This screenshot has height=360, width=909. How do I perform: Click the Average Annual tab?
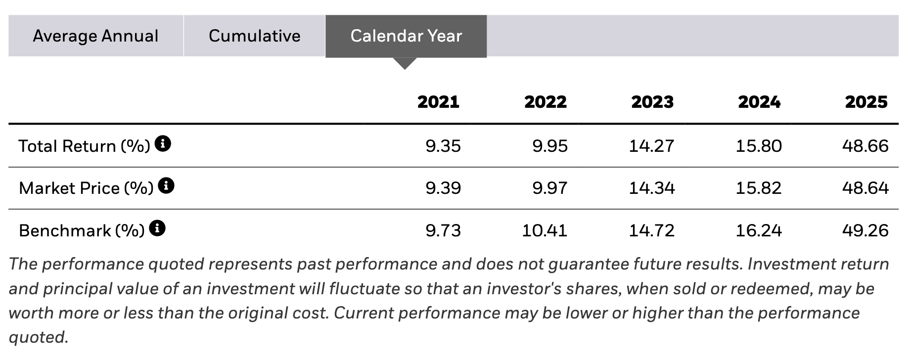click(96, 36)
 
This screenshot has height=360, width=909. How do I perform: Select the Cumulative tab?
click(254, 36)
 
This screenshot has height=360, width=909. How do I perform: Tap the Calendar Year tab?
click(406, 36)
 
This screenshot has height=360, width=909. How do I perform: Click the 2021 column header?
click(438, 102)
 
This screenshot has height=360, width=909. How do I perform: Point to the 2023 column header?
click(652, 102)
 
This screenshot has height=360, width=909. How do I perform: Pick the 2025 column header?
click(866, 102)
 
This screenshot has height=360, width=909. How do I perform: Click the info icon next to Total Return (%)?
click(163, 144)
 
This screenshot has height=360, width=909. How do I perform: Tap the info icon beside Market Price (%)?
click(166, 186)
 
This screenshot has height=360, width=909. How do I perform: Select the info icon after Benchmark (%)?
click(157, 228)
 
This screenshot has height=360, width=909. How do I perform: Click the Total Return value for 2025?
click(865, 146)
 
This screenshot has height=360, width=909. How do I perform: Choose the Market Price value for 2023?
click(652, 188)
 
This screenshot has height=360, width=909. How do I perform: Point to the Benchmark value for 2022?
click(545, 230)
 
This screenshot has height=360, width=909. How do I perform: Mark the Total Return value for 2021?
click(443, 146)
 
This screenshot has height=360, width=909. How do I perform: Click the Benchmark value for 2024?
click(759, 230)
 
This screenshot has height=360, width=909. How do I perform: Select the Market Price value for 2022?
click(550, 188)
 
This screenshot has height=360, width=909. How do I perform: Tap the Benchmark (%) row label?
click(82, 231)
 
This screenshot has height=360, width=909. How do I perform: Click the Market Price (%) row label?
click(86, 188)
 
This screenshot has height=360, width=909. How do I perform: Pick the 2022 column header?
click(545, 102)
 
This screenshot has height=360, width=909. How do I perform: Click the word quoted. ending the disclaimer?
click(38, 337)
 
